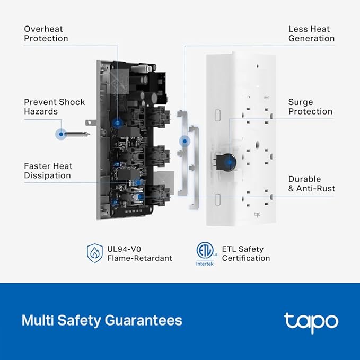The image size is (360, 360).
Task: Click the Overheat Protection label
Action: (x=46, y=34)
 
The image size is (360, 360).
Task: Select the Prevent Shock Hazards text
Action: (x=54, y=107)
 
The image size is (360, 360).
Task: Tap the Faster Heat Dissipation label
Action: (x=47, y=171)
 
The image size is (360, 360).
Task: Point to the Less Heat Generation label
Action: (x=311, y=34)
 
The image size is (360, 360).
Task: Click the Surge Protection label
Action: (x=310, y=107)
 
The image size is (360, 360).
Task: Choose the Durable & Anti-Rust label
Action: (x=311, y=183)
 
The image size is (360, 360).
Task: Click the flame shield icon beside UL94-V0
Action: (x=94, y=253)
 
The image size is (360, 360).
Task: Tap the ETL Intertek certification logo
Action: (x=205, y=253)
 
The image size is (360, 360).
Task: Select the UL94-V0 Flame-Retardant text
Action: (x=140, y=253)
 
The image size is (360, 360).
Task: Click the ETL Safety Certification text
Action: (x=246, y=253)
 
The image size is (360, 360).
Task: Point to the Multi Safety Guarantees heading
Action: (x=102, y=320)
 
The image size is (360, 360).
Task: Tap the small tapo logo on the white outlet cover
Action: (x=257, y=214)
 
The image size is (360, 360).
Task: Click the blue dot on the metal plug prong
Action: (x=62, y=134)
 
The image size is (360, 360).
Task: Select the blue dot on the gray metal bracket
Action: (x=185, y=141)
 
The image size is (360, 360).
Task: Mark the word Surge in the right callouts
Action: (x=301, y=102)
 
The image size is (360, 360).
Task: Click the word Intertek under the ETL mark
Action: (x=205, y=264)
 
